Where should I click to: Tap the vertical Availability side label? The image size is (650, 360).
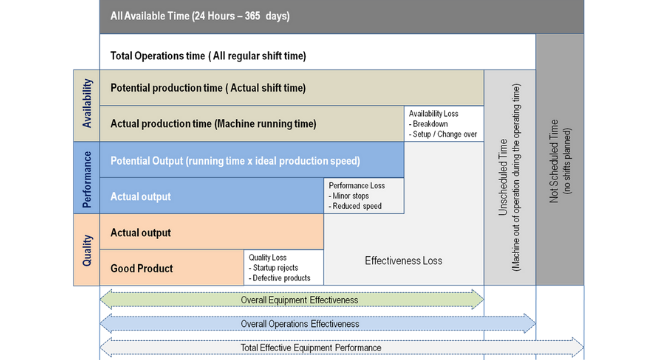click(86, 106)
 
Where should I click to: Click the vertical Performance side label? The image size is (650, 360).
click(86, 178)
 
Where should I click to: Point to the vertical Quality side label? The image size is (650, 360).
click(86, 250)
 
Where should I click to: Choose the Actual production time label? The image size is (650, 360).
click(213, 124)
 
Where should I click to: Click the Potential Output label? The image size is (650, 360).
click(235, 160)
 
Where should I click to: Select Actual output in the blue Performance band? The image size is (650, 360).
click(141, 196)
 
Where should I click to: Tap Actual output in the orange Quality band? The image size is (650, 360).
click(141, 232)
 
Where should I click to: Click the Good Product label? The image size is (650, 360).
click(142, 268)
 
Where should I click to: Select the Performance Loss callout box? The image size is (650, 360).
click(364, 196)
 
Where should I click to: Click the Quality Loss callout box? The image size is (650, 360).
click(283, 268)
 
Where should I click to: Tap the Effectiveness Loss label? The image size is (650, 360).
click(403, 260)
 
